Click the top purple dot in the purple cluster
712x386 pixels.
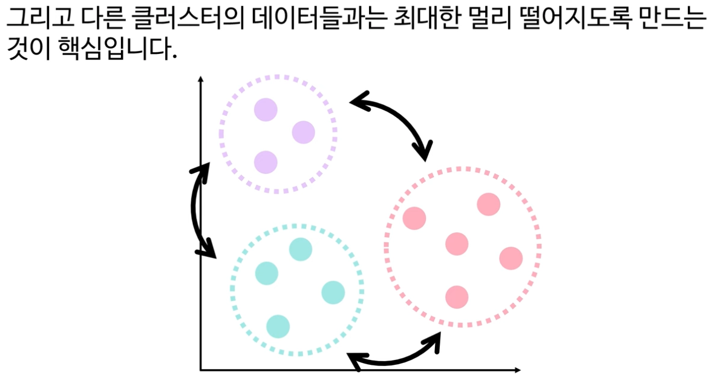pos(266,110)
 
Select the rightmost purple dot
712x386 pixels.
pos(303,133)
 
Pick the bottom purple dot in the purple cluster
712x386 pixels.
pos(266,162)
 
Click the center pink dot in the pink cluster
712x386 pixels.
pos(457,244)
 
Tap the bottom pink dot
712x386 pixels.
pos(457,297)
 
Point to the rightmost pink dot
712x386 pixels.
pos(511,258)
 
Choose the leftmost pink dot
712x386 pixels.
pos(414,218)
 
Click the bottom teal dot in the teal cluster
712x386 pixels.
pos(278,326)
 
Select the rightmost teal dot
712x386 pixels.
pos(333,292)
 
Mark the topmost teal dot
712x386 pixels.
pos(300,248)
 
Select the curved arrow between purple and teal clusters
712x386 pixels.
pos(196,209)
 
